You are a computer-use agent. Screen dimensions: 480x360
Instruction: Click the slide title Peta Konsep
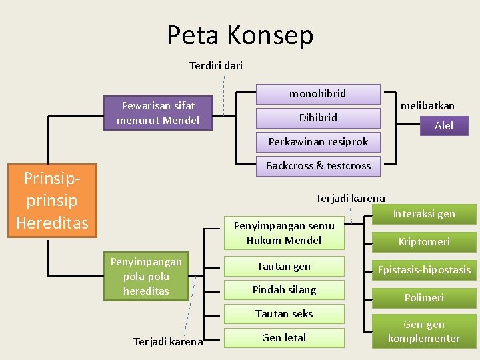(240, 35)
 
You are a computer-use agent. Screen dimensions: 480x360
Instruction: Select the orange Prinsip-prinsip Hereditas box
(52, 200)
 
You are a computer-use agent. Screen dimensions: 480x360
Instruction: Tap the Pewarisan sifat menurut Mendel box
(158, 113)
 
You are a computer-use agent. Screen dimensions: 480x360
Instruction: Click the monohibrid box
(318, 94)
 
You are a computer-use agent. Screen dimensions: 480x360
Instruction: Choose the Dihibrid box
(318, 118)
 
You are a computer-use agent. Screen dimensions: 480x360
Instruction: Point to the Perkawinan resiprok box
(318, 142)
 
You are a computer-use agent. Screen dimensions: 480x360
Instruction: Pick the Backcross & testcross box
(318, 166)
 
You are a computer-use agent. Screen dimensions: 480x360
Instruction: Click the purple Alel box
(443, 125)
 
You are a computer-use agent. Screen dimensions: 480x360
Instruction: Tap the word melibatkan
(427, 105)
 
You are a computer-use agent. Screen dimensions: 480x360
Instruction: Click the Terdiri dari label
(216, 65)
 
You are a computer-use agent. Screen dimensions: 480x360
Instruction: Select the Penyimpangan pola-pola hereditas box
(146, 276)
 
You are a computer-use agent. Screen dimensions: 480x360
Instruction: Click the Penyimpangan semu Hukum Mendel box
(284, 233)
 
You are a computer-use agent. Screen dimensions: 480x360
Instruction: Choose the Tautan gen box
(284, 267)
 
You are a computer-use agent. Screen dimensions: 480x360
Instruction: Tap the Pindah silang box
(284, 290)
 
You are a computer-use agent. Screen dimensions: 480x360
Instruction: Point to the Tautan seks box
(284, 313)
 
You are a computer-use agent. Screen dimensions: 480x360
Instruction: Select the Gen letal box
(284, 338)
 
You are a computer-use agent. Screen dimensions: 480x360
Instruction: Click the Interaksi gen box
(424, 214)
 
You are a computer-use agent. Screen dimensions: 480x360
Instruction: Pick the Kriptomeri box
(424, 241)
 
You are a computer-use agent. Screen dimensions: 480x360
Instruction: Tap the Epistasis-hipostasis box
(424, 270)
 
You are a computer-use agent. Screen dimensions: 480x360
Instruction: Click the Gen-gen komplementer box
(424, 331)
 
